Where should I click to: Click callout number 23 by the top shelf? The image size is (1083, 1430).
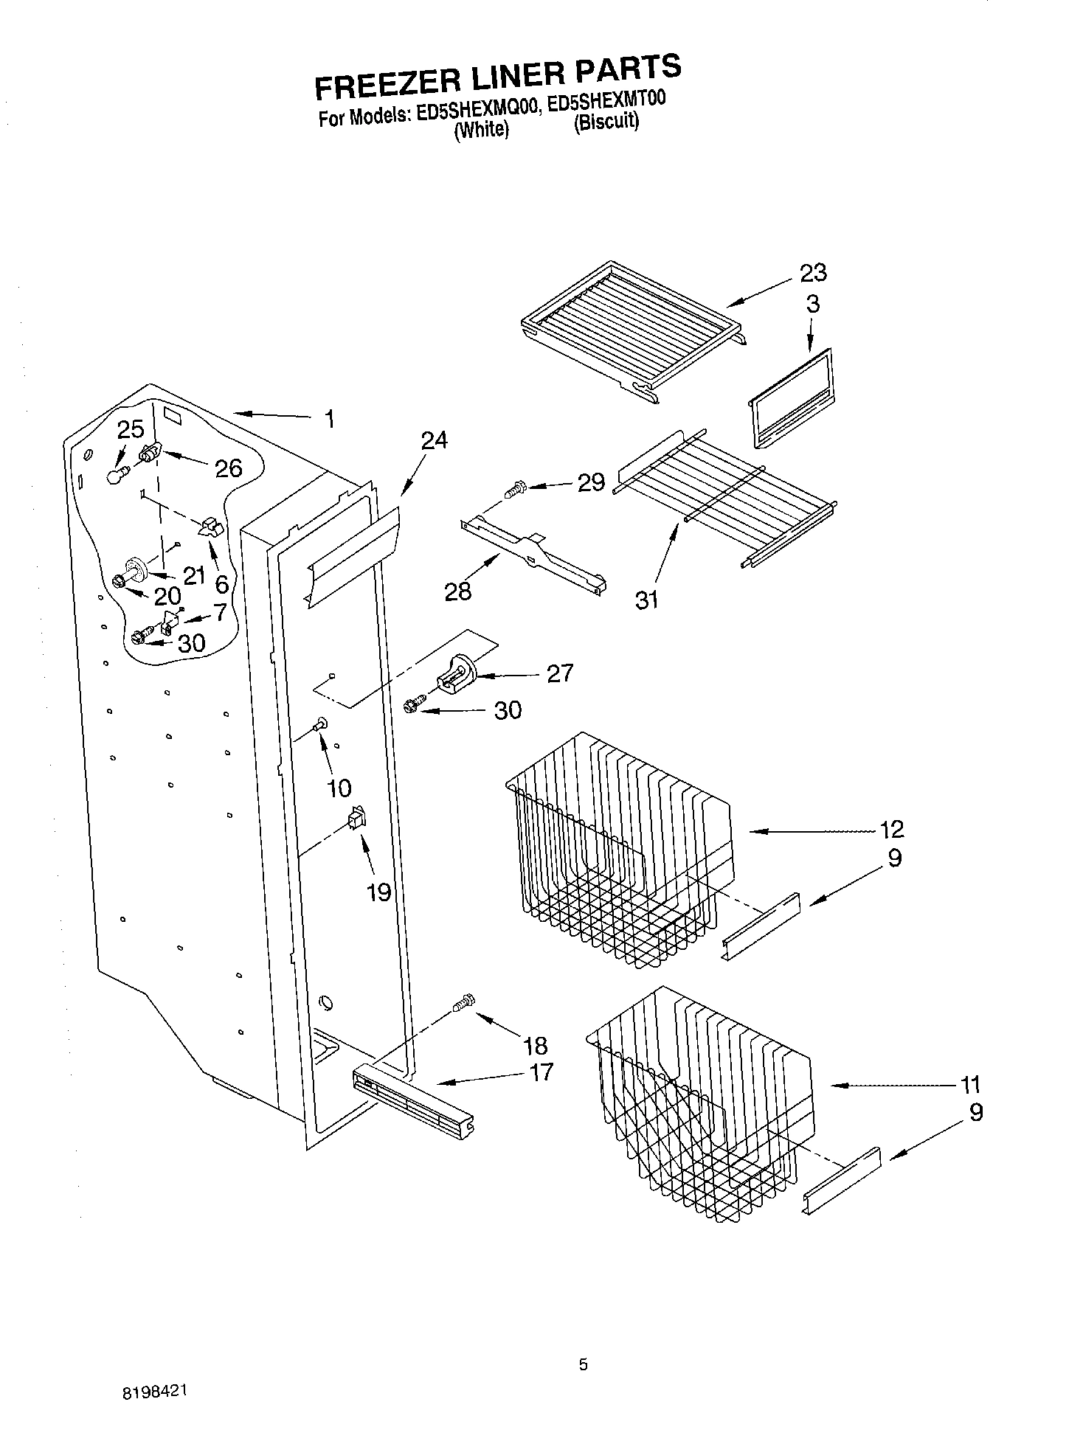click(x=813, y=273)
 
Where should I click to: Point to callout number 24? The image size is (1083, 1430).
click(x=434, y=440)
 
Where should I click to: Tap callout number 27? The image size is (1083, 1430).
click(x=559, y=673)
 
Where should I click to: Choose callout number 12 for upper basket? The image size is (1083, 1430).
click(x=891, y=829)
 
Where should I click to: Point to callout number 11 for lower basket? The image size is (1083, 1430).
click(x=970, y=1084)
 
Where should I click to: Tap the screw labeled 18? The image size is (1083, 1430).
click(x=463, y=1003)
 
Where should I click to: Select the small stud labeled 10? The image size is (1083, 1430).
click(x=322, y=726)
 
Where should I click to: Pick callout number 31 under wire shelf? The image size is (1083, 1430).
click(x=646, y=600)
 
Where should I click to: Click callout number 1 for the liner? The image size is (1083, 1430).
click(x=329, y=420)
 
